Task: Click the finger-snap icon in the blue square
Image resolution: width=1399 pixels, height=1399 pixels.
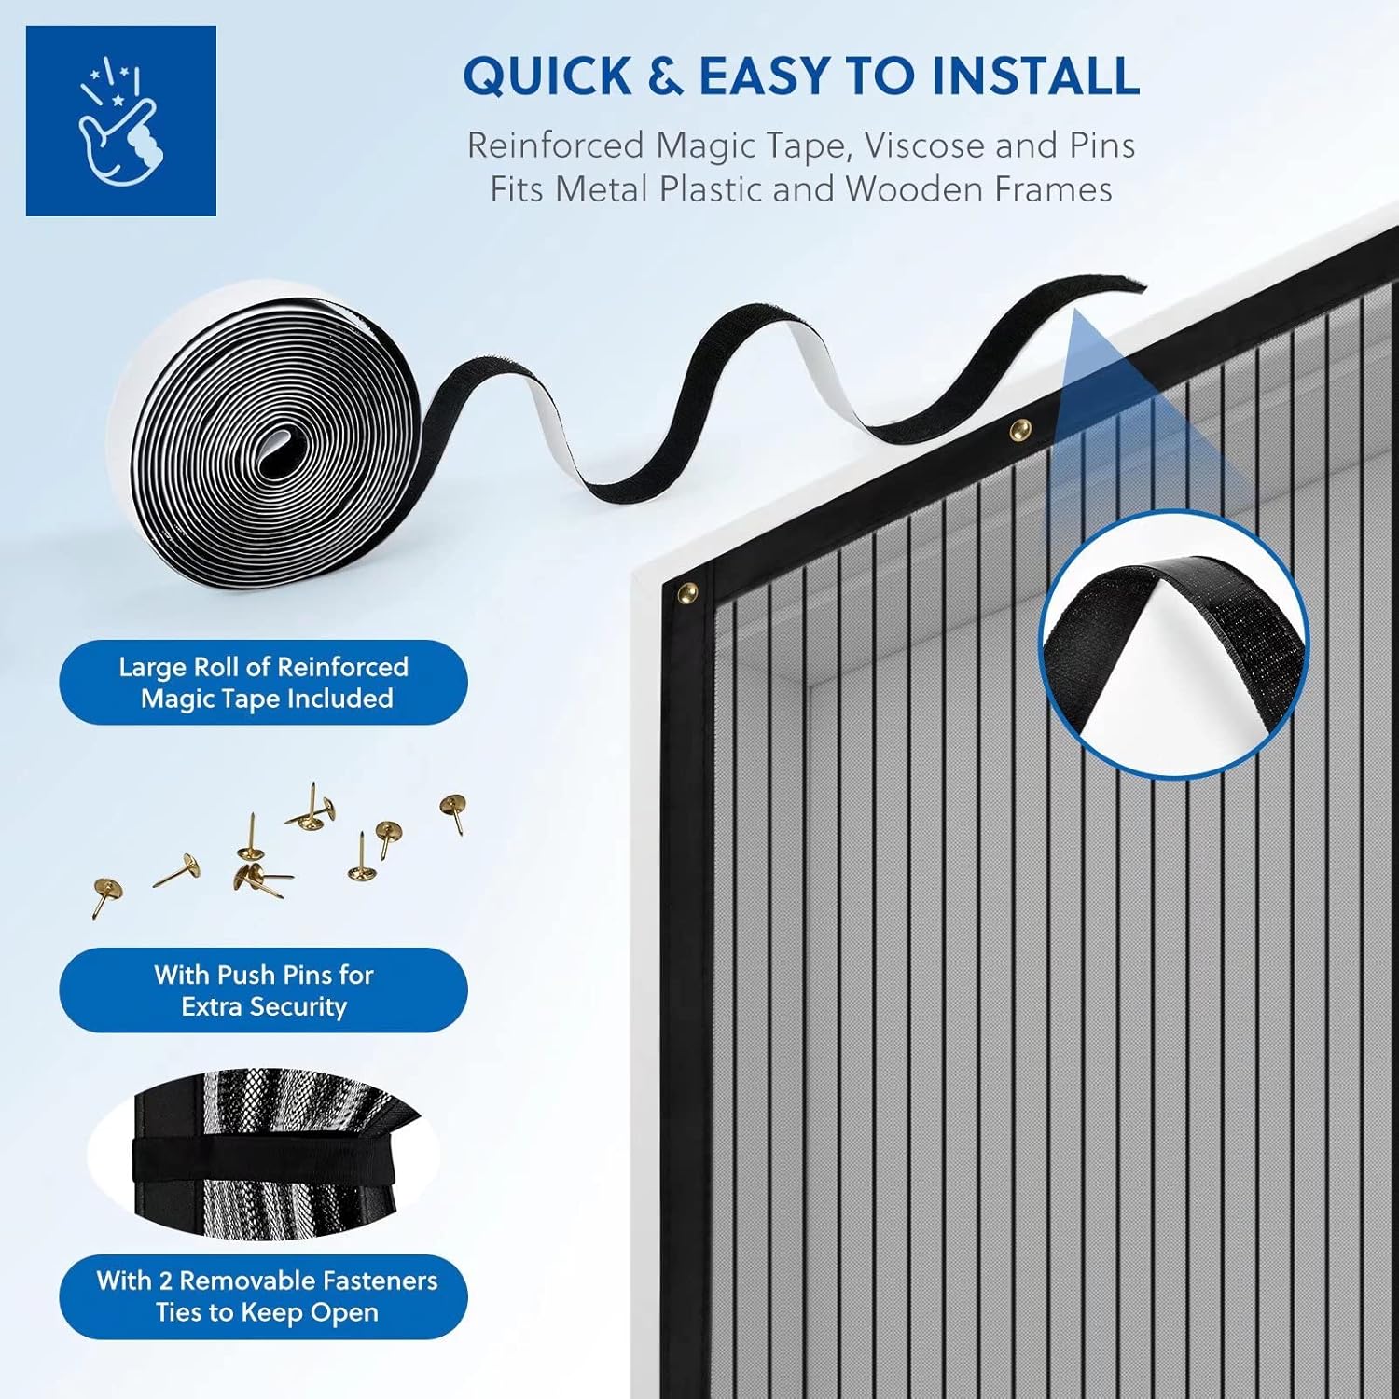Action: (120, 121)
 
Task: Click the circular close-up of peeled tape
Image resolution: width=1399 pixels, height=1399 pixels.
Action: (1174, 644)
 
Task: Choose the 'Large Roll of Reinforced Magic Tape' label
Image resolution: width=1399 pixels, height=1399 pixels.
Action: (264, 683)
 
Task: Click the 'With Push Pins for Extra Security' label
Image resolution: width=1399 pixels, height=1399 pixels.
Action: (264, 990)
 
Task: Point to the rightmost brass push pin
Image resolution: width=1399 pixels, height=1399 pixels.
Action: (454, 808)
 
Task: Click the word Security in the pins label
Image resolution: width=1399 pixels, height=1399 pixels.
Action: (301, 1006)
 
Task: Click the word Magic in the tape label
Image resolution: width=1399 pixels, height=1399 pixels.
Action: (181, 699)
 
